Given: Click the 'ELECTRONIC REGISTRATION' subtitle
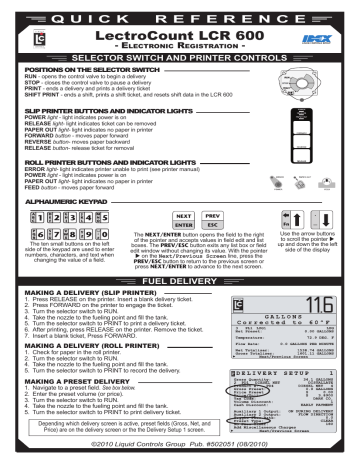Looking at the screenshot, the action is pos(179,49).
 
